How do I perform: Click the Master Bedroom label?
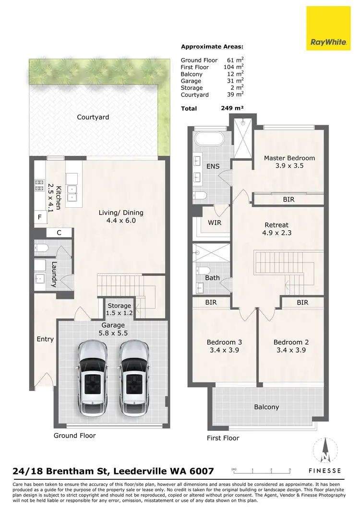coord(289,158)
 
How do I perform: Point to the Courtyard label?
coord(93,117)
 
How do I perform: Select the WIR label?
coord(214,223)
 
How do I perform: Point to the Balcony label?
coord(266,407)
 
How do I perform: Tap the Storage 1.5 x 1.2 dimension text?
coord(119,313)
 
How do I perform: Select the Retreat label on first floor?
coord(276,225)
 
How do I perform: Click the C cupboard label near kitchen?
coord(59,233)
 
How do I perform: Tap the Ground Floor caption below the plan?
coord(74,436)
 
